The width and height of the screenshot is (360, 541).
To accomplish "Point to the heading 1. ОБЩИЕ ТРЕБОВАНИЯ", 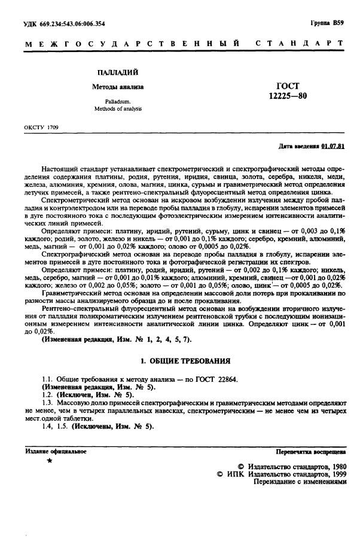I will [184, 362].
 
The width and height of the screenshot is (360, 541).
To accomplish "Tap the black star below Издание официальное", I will [49, 461].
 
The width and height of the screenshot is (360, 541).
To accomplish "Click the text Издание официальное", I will [56, 451].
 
